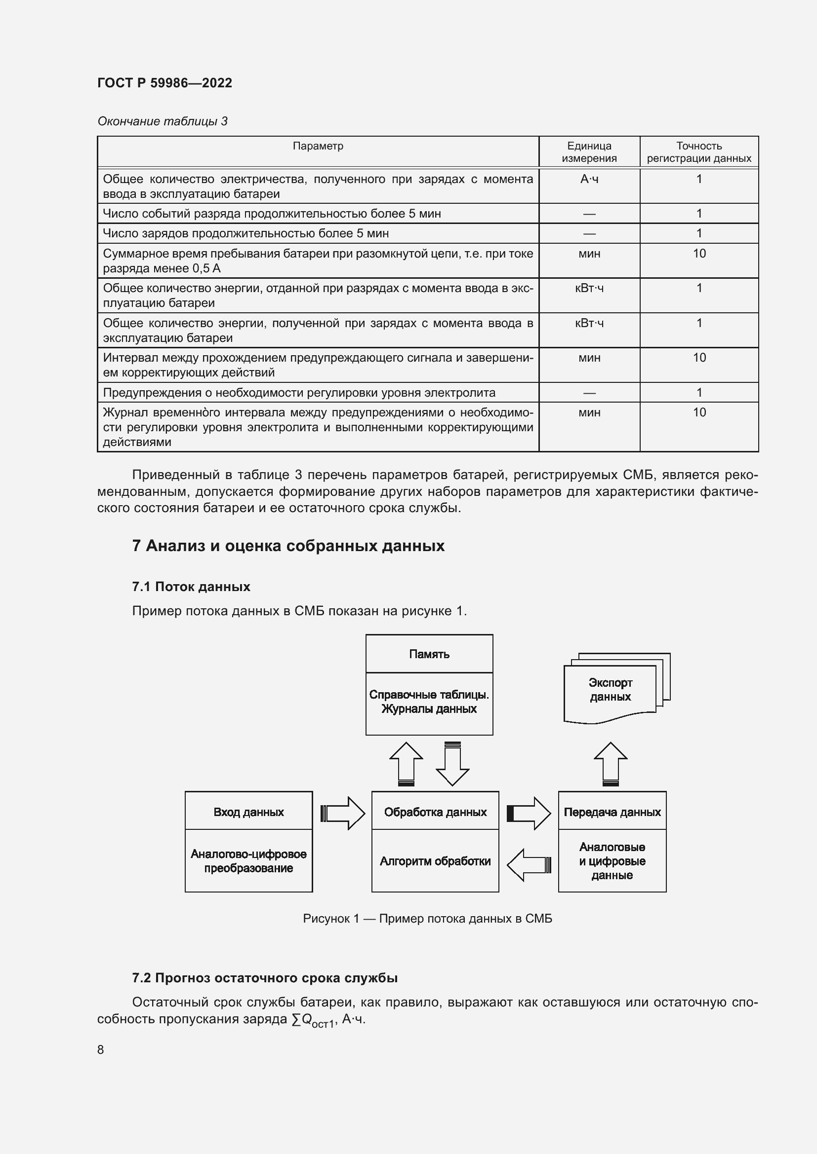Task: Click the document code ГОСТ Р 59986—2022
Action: (x=164, y=83)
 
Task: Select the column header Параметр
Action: (x=318, y=146)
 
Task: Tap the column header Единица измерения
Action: (x=589, y=152)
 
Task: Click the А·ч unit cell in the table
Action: (x=589, y=180)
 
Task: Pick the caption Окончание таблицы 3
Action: (x=162, y=121)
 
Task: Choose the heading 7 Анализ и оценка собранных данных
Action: (x=288, y=546)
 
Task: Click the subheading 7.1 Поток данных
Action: (x=191, y=587)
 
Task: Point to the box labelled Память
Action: (x=429, y=654)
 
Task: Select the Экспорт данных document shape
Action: (x=610, y=690)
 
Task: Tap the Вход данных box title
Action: (x=248, y=812)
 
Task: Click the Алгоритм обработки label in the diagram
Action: (x=435, y=861)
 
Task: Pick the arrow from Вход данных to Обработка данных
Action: (x=343, y=813)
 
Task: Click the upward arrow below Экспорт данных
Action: (x=610, y=764)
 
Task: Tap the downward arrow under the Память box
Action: (x=452, y=764)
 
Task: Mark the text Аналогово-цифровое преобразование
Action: (x=248, y=861)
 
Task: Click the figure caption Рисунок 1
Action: (x=427, y=919)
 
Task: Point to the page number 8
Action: (x=101, y=1049)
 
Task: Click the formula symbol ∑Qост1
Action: (x=313, y=1020)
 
